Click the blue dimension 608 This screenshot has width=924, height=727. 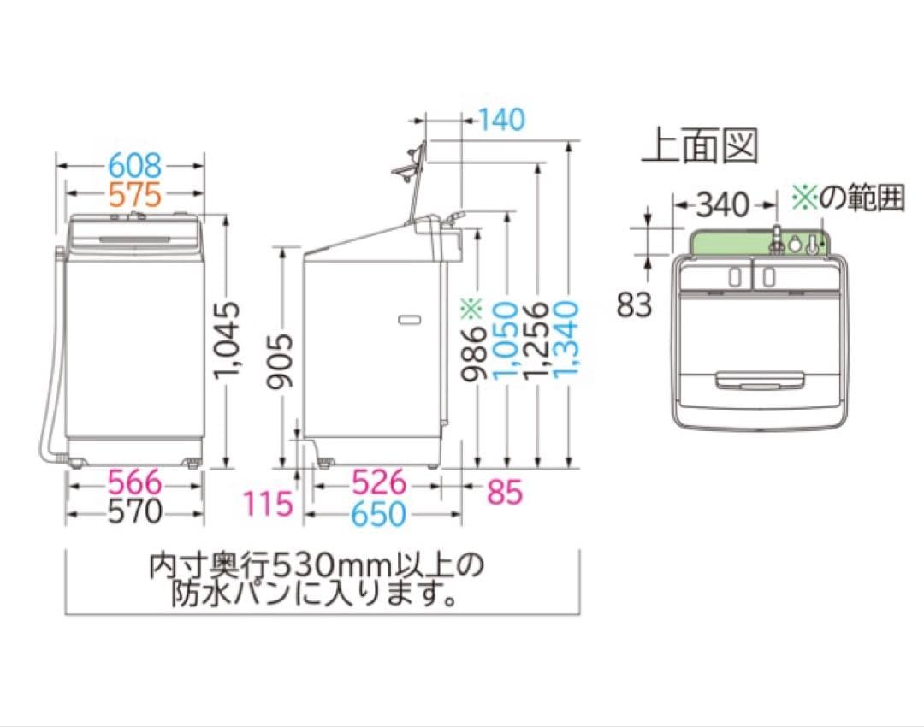[x=134, y=163]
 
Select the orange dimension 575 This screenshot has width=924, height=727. [x=134, y=195]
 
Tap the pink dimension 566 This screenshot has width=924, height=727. [x=133, y=482]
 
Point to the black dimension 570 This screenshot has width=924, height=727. [x=133, y=512]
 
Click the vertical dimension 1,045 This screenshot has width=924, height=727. [x=226, y=341]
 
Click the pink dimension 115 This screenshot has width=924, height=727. [x=268, y=504]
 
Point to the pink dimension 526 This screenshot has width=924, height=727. [x=379, y=482]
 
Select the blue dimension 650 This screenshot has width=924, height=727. [x=379, y=514]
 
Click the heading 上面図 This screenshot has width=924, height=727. [x=701, y=146]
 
